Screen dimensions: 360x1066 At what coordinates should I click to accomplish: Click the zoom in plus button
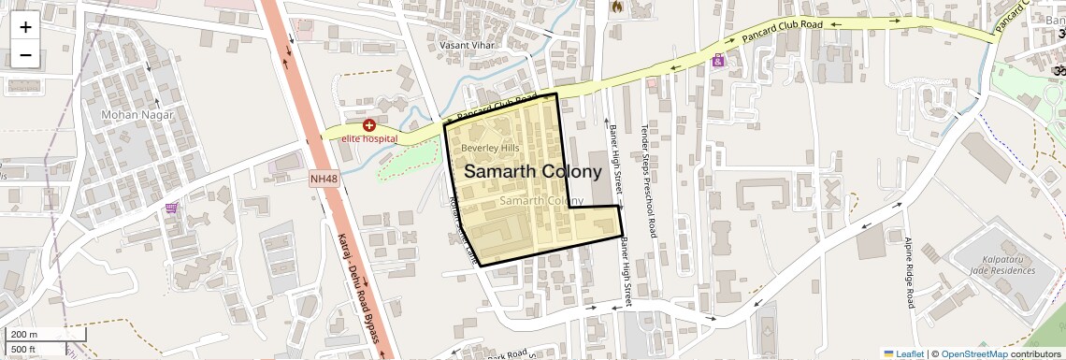pos(25,27)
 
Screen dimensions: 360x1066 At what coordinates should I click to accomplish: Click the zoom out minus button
pos(25,55)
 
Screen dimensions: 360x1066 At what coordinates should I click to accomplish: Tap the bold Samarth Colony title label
pos(532,172)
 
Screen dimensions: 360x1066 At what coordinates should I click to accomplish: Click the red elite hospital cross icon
pos(369,125)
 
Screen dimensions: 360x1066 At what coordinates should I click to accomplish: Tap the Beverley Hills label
pos(490,149)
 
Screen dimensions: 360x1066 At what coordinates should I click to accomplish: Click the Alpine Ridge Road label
pos(908,272)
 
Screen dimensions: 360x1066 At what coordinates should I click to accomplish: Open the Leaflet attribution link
pos(903,353)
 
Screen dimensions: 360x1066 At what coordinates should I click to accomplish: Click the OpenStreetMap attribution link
pos(973,353)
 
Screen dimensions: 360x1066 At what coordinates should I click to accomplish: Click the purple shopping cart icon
pos(171,208)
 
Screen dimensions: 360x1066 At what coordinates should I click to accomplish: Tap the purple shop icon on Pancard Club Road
pos(718,61)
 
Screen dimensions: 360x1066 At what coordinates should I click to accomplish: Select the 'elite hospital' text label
pos(368,139)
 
